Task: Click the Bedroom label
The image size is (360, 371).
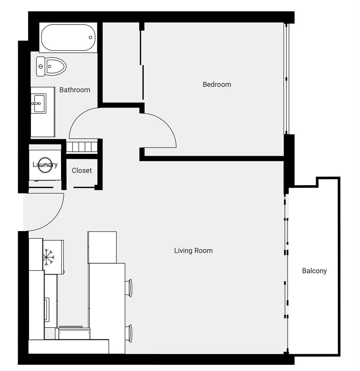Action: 217,84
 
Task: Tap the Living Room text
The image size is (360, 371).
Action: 193,251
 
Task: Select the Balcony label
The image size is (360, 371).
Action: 315,271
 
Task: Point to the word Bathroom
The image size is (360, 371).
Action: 75,90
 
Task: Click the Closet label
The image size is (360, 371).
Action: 82,170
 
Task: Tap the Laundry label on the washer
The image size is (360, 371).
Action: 45,164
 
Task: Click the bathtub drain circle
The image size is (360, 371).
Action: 90,37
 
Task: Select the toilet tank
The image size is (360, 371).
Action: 41,66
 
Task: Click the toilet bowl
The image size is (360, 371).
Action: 56,66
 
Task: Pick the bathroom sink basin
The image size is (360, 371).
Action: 39,104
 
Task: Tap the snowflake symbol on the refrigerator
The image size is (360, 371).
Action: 49,257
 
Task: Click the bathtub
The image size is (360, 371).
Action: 68,37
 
